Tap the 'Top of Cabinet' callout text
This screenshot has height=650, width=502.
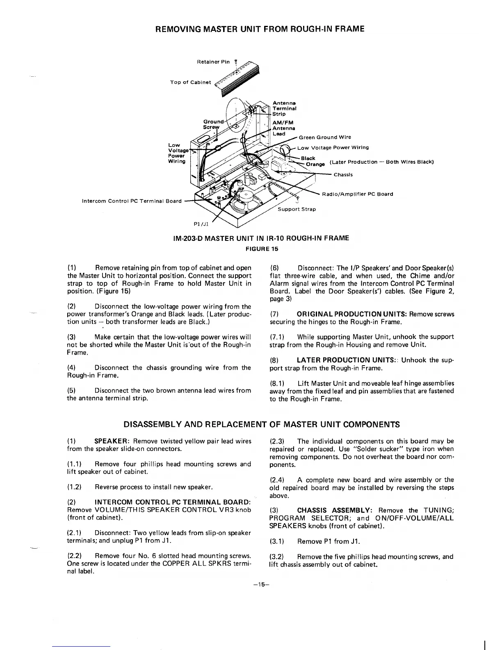pos(190,82)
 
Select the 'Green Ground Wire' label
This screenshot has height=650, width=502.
pos(325,137)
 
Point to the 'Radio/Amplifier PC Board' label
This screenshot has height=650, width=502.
pos(358,194)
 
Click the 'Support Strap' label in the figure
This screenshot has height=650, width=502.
pos(297,209)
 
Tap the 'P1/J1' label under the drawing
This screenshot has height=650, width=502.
pos(201,224)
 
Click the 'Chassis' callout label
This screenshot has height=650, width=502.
pos(343,175)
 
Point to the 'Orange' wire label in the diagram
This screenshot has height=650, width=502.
pos(315,165)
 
